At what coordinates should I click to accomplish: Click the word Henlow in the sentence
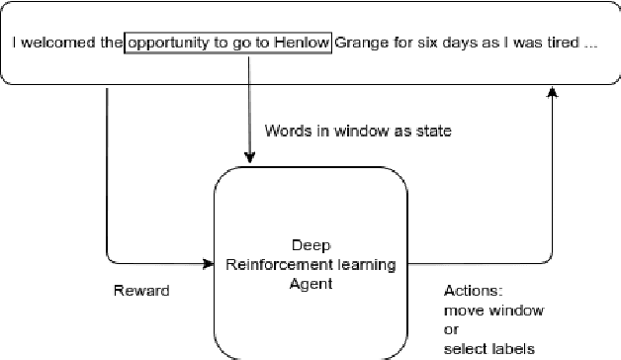[x=302, y=45]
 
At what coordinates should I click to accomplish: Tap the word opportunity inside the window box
[x=170, y=45]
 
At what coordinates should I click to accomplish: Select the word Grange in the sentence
[x=358, y=45]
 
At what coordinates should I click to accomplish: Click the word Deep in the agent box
[x=310, y=246]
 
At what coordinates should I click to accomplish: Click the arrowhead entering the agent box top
[x=249, y=158]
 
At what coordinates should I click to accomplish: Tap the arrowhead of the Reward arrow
[x=209, y=264]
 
